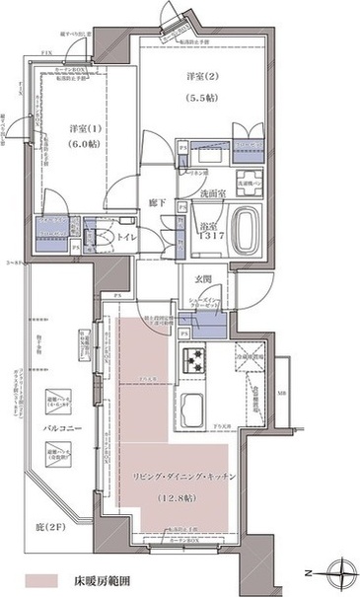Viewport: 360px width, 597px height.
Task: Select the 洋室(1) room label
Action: pos(83,128)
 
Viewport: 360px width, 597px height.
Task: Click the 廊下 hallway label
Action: pos(156,203)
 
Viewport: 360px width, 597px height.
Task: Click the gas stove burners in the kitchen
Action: pos(190,358)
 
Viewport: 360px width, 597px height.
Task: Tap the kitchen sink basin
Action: pos(189,406)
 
